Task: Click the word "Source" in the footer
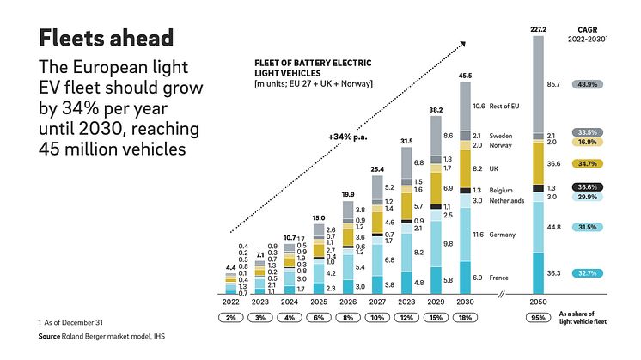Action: (x=53, y=336)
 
